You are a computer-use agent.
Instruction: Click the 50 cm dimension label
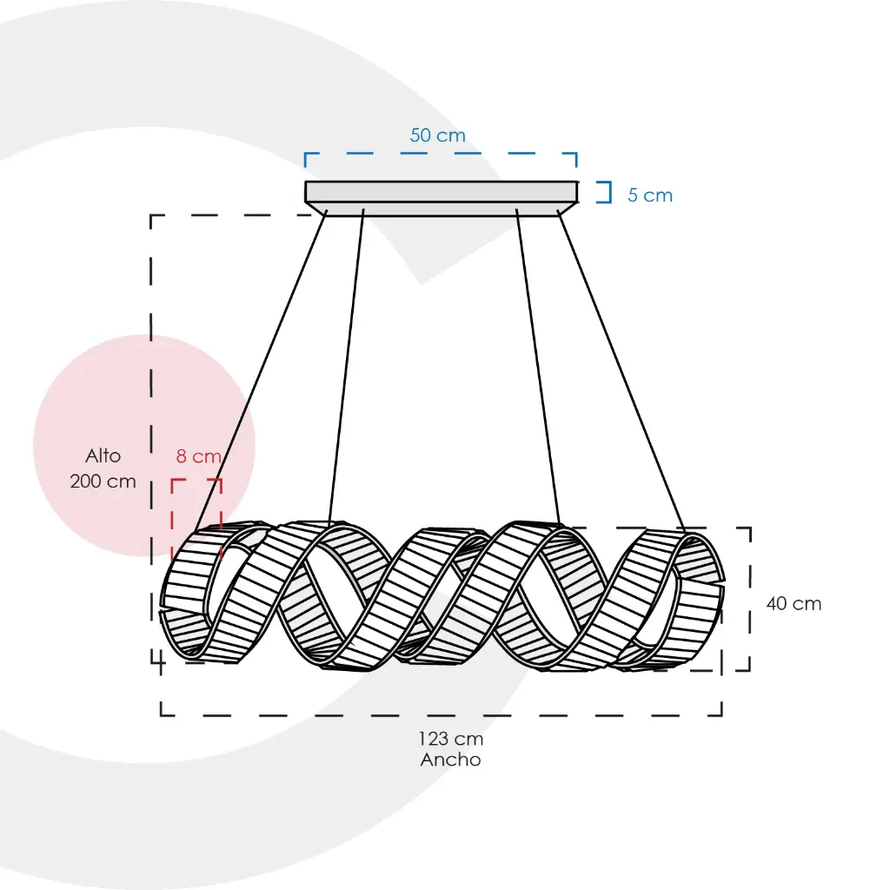[x=437, y=136]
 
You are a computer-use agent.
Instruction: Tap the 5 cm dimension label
[x=650, y=196]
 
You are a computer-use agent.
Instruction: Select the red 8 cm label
[x=198, y=456]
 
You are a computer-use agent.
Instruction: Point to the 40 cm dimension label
[x=794, y=603]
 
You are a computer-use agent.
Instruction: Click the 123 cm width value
[x=450, y=739]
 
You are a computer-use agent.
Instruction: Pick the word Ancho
[x=450, y=760]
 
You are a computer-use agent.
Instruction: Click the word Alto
[x=103, y=455]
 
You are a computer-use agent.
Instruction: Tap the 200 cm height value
[x=103, y=481]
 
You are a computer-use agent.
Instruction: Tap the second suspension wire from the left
[x=346, y=365]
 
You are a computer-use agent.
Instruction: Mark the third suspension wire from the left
[x=538, y=365]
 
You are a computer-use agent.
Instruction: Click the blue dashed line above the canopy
[x=441, y=154]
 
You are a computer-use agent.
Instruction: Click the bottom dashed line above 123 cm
[x=441, y=715]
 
